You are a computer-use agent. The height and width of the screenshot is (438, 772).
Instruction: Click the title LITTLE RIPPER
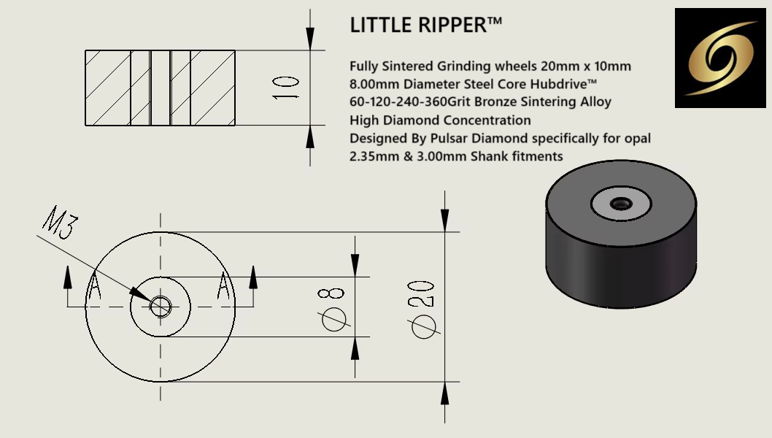[x=426, y=26]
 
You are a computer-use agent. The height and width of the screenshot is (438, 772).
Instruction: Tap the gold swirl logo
[x=721, y=58]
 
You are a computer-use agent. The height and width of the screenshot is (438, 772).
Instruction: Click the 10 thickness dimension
[x=288, y=88]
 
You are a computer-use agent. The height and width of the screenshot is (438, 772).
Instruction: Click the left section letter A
[x=93, y=288]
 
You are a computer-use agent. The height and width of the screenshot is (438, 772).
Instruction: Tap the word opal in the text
[x=636, y=138]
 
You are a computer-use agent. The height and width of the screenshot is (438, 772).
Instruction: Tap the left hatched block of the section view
[x=107, y=88]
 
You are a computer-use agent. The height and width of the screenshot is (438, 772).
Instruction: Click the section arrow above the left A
[x=68, y=277]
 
